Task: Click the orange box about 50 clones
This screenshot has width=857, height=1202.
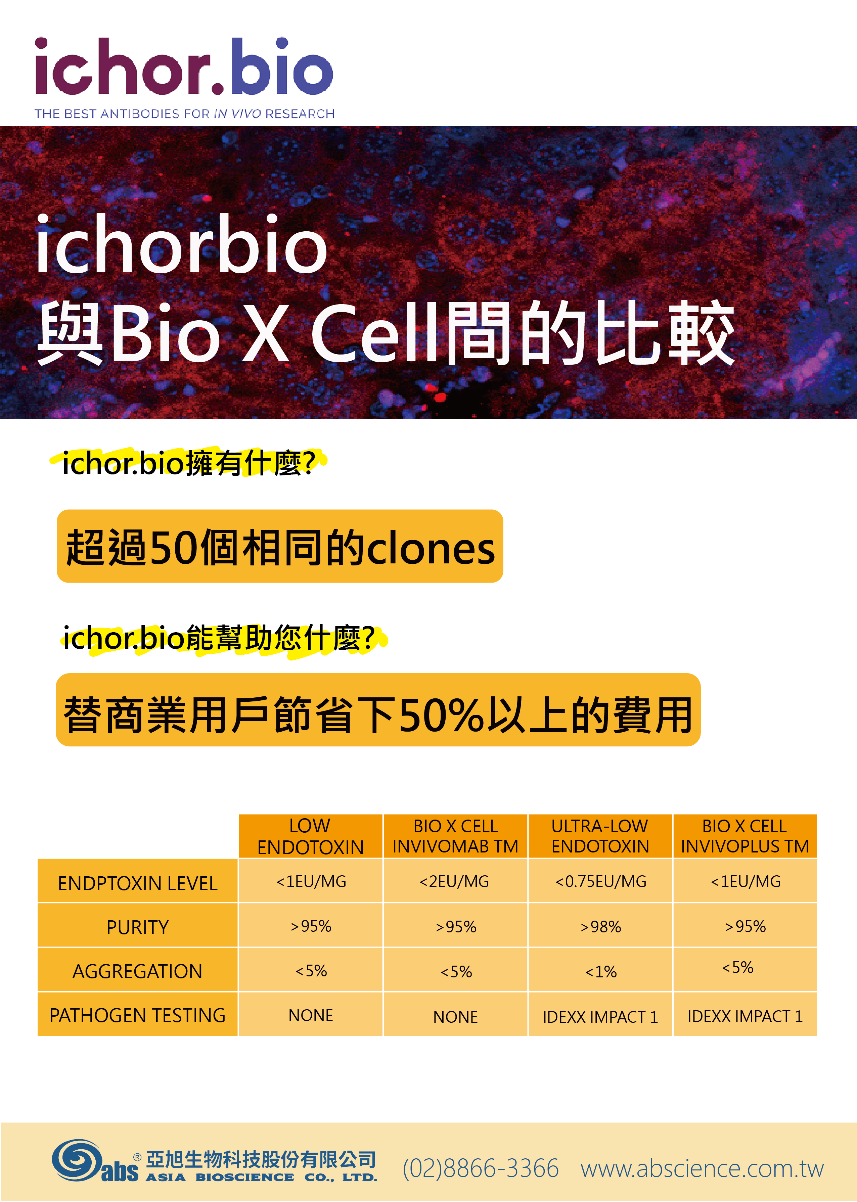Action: tap(280, 546)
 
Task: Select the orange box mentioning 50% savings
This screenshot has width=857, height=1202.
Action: tap(378, 710)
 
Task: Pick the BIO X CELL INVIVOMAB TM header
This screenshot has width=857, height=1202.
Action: tap(455, 836)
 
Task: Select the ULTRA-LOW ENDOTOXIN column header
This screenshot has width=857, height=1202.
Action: tap(600, 836)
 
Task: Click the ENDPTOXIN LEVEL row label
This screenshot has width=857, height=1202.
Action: tap(138, 883)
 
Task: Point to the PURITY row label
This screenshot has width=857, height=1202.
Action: tap(138, 927)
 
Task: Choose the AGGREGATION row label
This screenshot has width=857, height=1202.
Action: tap(138, 971)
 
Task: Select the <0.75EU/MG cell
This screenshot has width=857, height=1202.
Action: tap(600, 881)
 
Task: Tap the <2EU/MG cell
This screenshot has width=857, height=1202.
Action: tap(455, 881)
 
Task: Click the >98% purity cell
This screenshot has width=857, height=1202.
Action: tap(600, 927)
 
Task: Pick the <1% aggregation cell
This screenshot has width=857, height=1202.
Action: tap(600, 971)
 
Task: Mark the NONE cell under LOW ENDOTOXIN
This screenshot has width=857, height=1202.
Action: tap(311, 1015)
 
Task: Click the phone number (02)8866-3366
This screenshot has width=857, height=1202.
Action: tap(480, 1168)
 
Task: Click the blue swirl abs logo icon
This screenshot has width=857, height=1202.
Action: tap(77, 1159)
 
